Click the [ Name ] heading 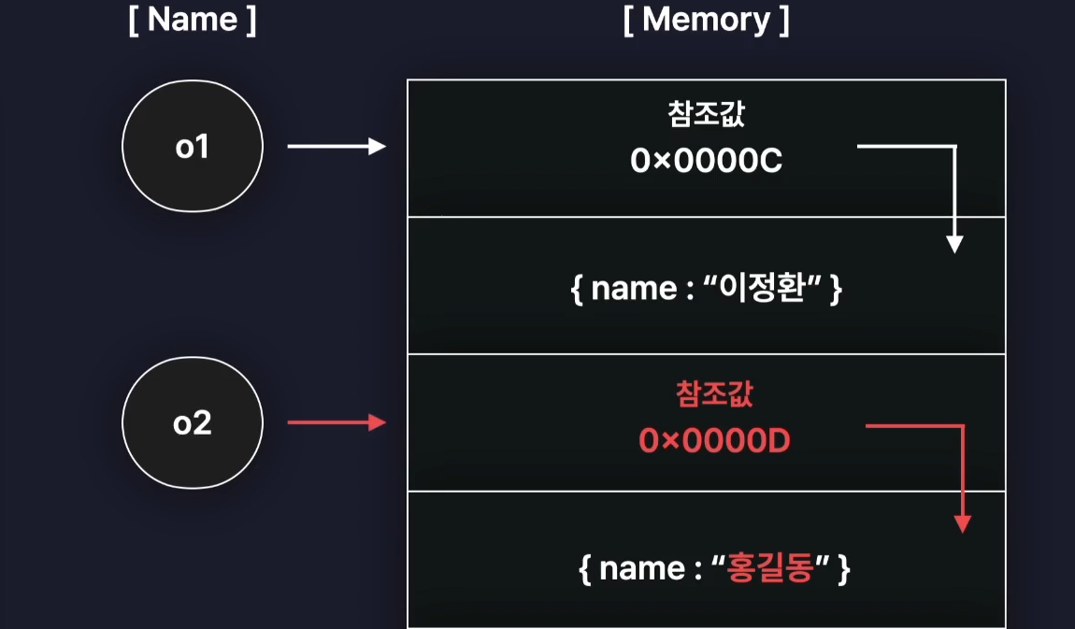point(192,21)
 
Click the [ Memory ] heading point(706,21)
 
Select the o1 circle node point(192,147)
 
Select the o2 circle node point(192,423)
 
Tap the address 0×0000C point(706,162)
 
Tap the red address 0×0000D point(714,440)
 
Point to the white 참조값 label point(707,116)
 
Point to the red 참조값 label point(714,393)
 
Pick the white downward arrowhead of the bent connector point(953,245)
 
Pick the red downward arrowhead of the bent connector point(962,523)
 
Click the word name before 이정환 point(634,289)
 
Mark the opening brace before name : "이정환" point(577,289)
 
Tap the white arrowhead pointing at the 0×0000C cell point(378,147)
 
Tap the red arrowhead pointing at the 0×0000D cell point(378,423)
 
